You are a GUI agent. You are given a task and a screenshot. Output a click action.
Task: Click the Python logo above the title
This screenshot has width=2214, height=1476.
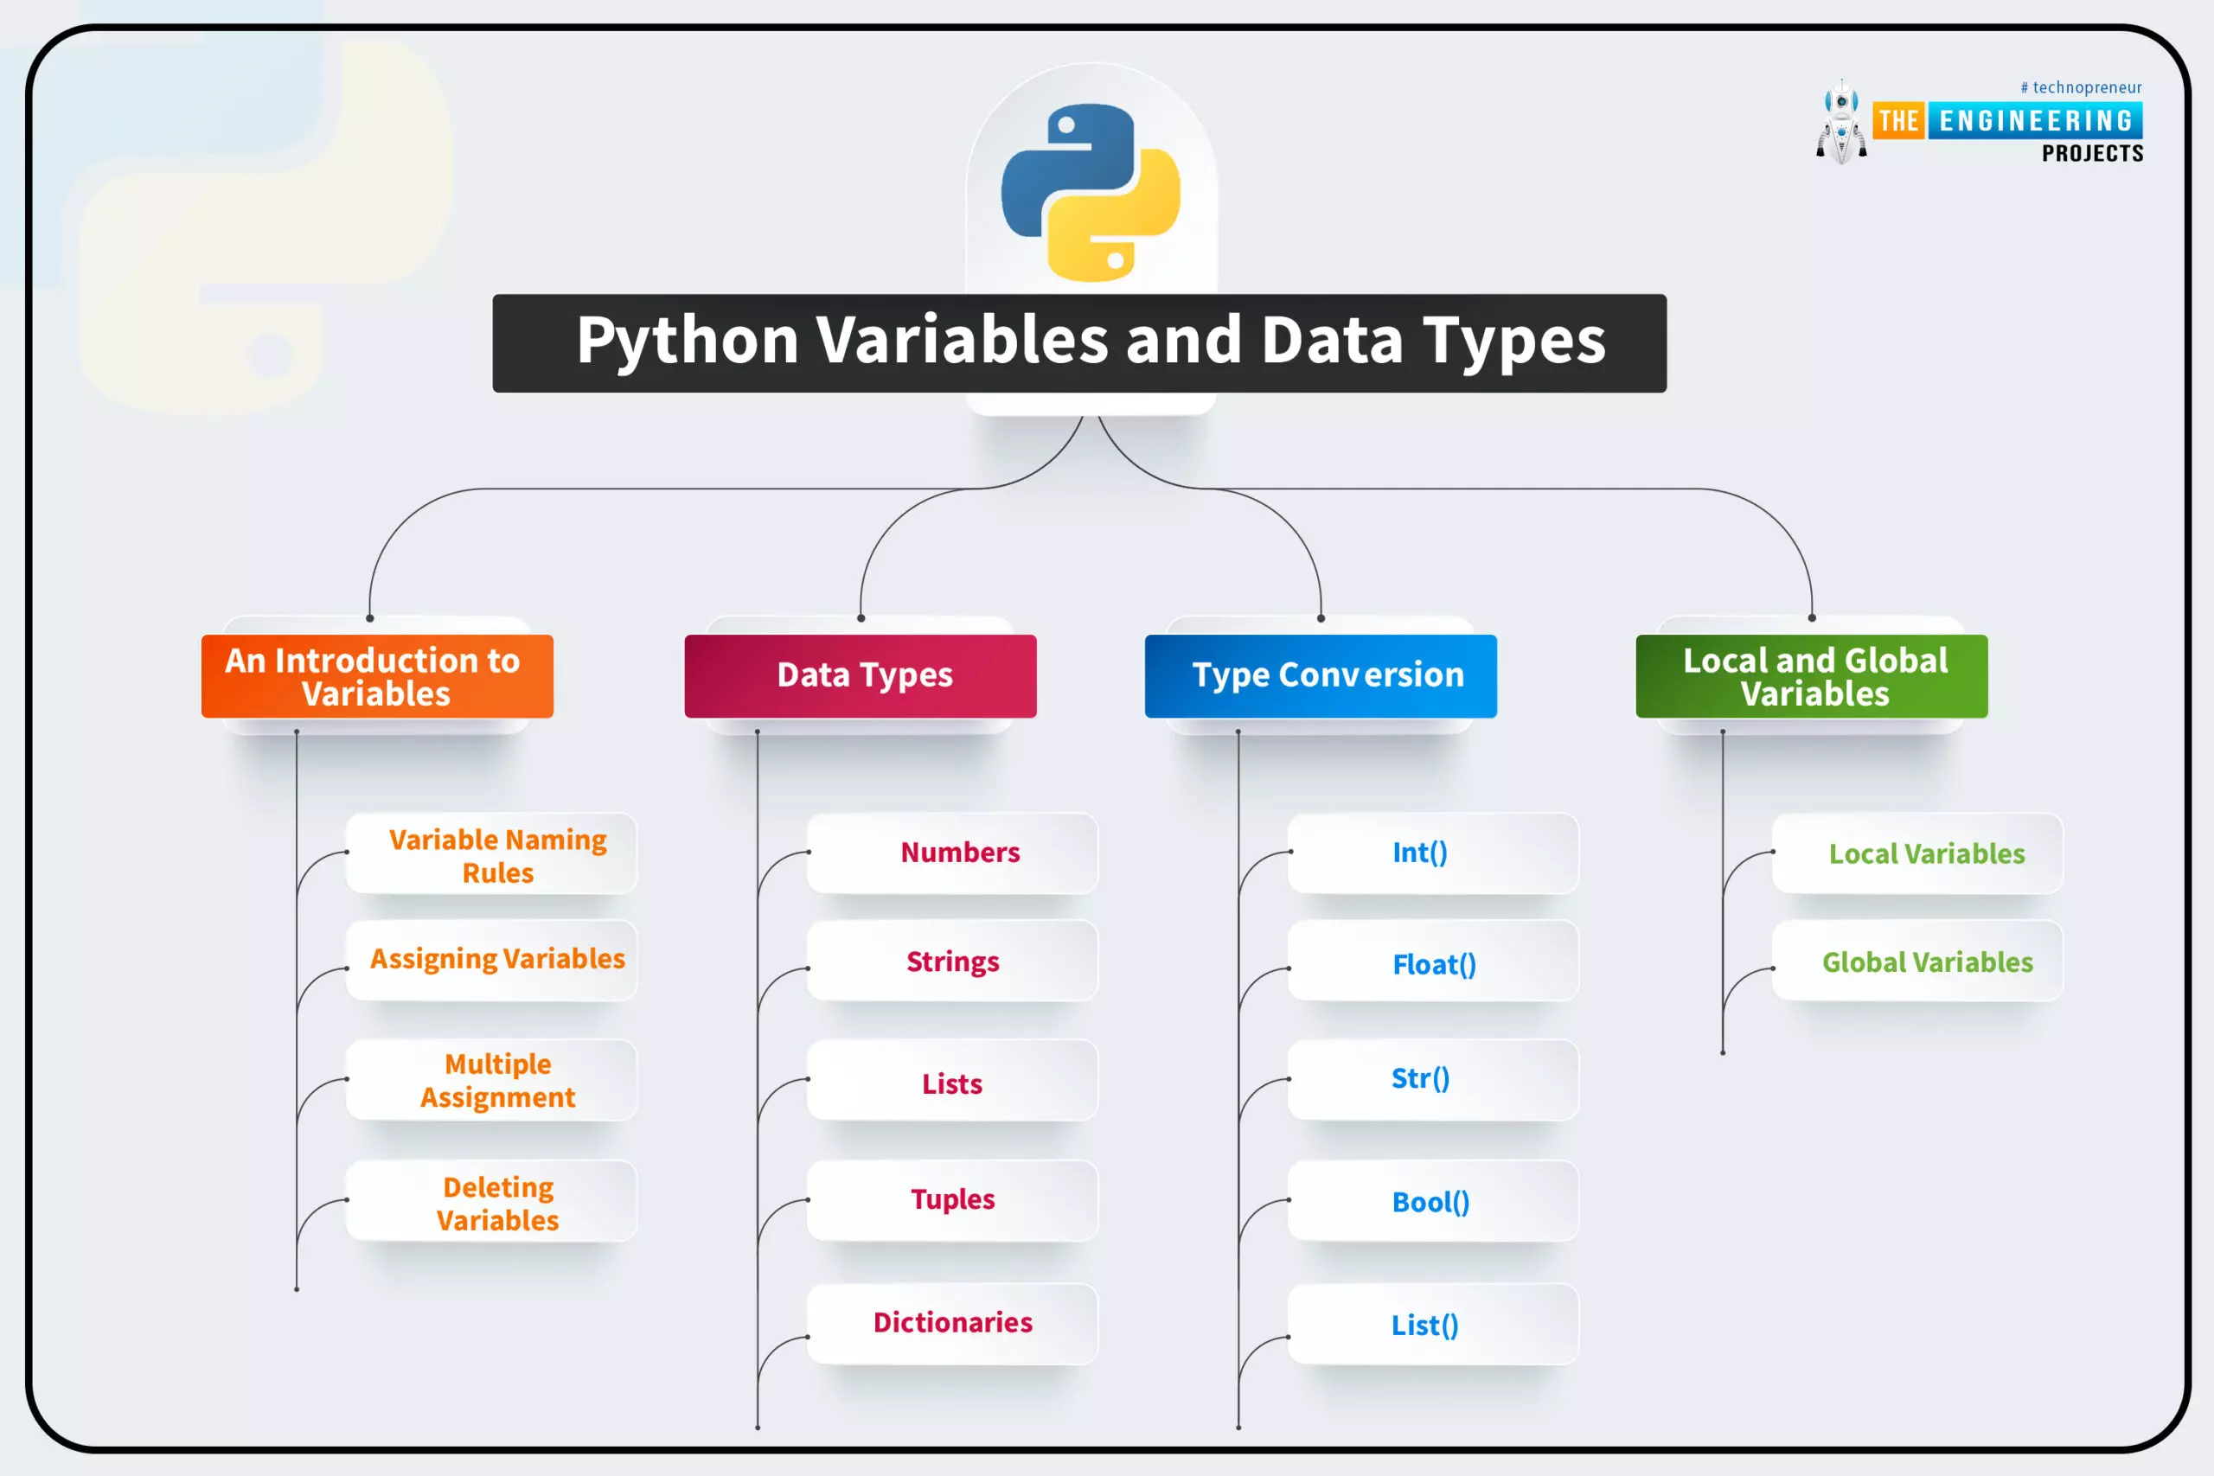point(1091,192)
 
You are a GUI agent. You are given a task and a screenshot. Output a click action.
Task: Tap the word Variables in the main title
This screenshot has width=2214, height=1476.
point(962,340)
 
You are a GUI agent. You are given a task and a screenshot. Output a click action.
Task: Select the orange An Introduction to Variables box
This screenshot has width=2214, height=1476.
point(376,676)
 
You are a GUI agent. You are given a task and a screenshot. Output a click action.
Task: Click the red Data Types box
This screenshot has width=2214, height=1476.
point(861,676)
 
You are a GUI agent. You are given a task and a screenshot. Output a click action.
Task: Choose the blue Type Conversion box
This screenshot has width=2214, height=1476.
point(1320,676)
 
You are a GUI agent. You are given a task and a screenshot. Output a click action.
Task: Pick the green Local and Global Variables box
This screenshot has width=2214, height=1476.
point(1811,676)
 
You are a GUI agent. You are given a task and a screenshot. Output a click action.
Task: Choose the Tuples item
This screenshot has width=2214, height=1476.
point(952,1200)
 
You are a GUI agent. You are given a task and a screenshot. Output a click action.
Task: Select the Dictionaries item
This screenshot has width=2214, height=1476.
point(952,1323)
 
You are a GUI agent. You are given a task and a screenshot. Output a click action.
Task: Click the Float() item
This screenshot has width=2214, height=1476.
point(1433,964)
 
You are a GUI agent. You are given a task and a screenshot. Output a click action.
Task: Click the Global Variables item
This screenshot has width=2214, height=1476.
point(1926,962)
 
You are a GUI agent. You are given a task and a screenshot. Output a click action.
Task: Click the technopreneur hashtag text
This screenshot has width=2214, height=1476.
point(2080,87)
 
